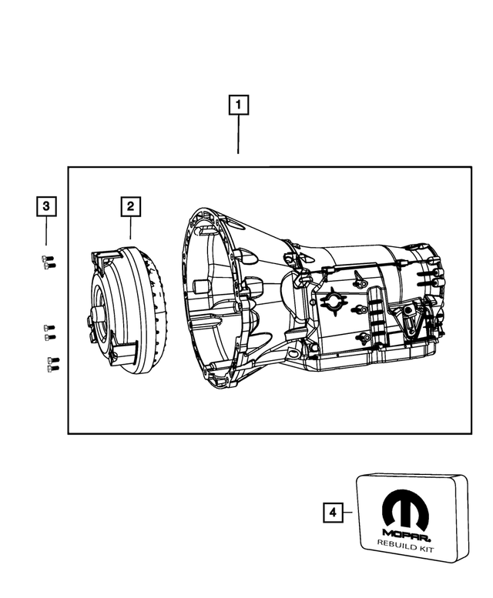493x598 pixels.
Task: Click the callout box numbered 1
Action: pos(238,104)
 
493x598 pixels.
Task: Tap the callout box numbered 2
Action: pos(130,205)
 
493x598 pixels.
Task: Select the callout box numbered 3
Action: pos(46,205)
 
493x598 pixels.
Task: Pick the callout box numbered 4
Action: pos(332,511)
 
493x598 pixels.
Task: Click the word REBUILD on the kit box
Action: pos(393,544)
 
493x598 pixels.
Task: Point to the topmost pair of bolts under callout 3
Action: pos(47,262)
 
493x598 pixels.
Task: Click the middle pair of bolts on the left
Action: pos(49,332)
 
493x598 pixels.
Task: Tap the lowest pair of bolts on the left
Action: pos(53,365)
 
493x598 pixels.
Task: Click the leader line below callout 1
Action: pos(238,135)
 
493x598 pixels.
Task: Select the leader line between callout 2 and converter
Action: pos(130,227)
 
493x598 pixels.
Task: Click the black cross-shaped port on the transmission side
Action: pos(333,301)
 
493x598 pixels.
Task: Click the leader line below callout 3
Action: pos(46,231)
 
